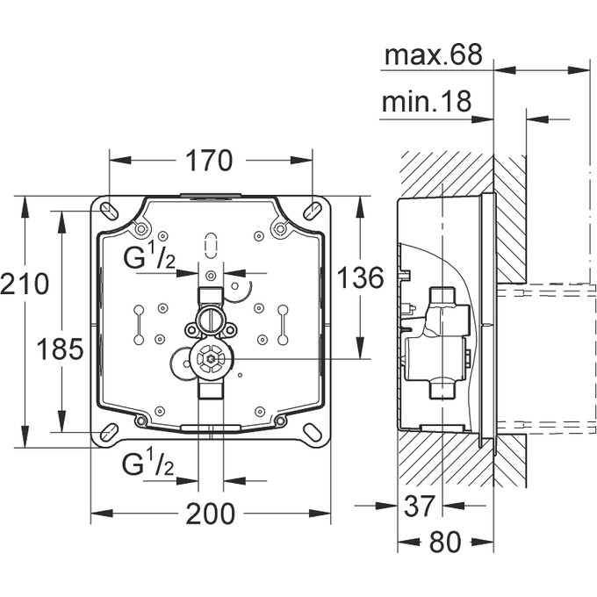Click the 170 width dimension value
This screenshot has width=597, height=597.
pyautogui.click(x=209, y=161)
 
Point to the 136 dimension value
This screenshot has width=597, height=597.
pyautogui.click(x=361, y=277)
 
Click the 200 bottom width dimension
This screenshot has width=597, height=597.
pyautogui.click(x=211, y=513)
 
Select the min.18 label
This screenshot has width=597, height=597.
pyautogui.click(x=427, y=103)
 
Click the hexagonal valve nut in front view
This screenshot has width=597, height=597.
pyautogui.click(x=209, y=360)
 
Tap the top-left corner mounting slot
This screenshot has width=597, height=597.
pyautogui.click(x=106, y=210)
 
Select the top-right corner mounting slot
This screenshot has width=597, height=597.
pyautogui.click(x=313, y=210)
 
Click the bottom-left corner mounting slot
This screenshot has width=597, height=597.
pyautogui.click(x=106, y=433)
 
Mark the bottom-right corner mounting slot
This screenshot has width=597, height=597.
pyautogui.click(x=313, y=433)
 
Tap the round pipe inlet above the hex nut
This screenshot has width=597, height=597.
pyautogui.click(x=209, y=313)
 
